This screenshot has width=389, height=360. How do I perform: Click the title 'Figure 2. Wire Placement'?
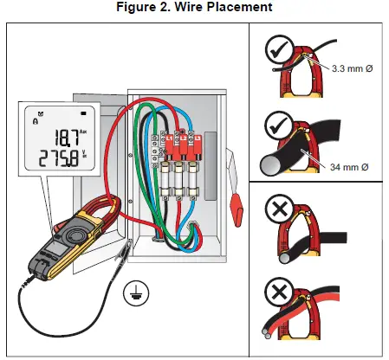[x=195, y=8]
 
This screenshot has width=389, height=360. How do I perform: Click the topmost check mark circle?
[x=276, y=52]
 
